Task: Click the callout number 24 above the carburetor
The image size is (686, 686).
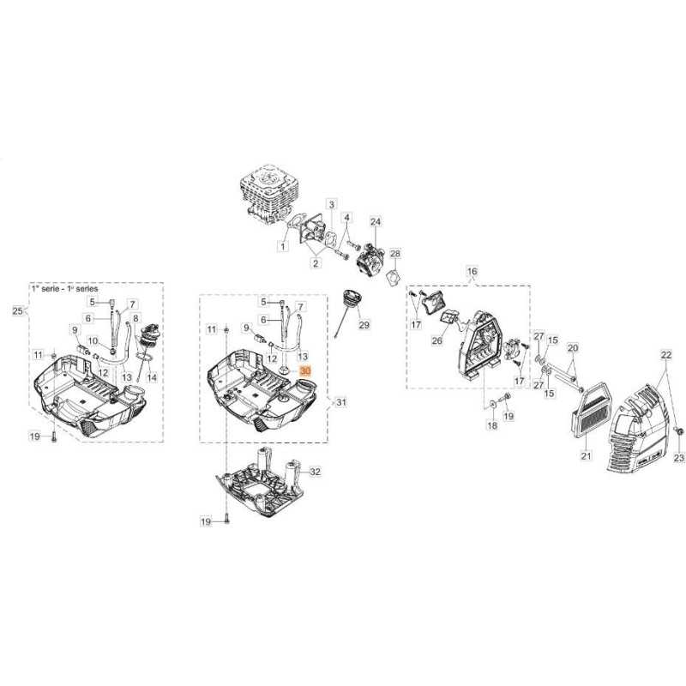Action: (x=375, y=222)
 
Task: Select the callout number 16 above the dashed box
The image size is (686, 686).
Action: (x=471, y=272)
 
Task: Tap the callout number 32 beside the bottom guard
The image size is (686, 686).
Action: (x=315, y=472)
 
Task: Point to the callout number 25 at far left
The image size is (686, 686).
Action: (x=18, y=310)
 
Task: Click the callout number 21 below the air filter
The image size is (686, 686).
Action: (x=586, y=455)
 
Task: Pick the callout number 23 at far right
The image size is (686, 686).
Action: (x=678, y=460)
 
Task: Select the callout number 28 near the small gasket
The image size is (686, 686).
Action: (x=395, y=254)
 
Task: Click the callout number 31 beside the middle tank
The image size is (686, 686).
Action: (x=340, y=402)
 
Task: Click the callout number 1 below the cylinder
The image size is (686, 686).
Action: (x=282, y=247)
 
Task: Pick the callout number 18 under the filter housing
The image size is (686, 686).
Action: (x=491, y=425)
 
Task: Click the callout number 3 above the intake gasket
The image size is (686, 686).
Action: (x=331, y=204)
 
